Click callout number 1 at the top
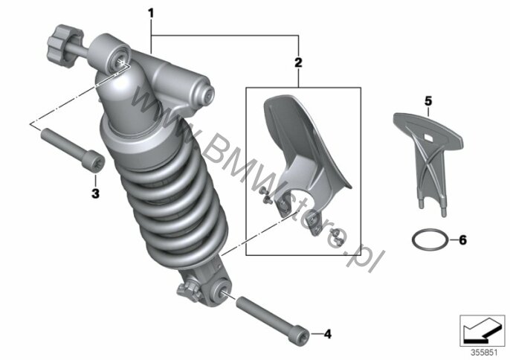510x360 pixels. point(151,13)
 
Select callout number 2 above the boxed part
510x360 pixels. point(299,63)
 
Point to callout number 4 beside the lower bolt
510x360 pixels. point(326,333)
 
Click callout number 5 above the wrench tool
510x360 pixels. point(427,99)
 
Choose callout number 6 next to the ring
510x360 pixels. point(462,240)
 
